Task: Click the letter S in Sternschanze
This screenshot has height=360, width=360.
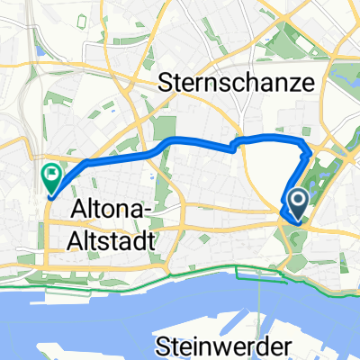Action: pos(165,84)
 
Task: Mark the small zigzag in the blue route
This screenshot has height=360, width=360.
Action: pos(236,145)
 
